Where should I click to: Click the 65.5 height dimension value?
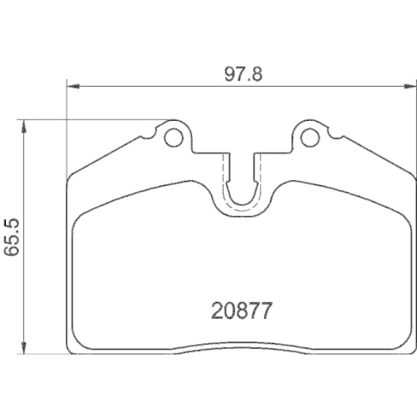pyautogui.click(x=12, y=237)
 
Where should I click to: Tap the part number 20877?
pyautogui.click(x=241, y=310)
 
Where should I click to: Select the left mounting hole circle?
pyautogui.click(x=173, y=138)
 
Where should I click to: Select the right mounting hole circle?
pyautogui.click(x=310, y=138)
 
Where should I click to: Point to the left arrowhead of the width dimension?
pyautogui.click(x=73, y=87)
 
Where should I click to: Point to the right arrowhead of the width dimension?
pyautogui.click(x=410, y=87)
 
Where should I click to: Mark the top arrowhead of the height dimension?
pyautogui.click(x=24, y=127)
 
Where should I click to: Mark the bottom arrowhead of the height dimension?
pyautogui.click(x=24, y=348)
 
